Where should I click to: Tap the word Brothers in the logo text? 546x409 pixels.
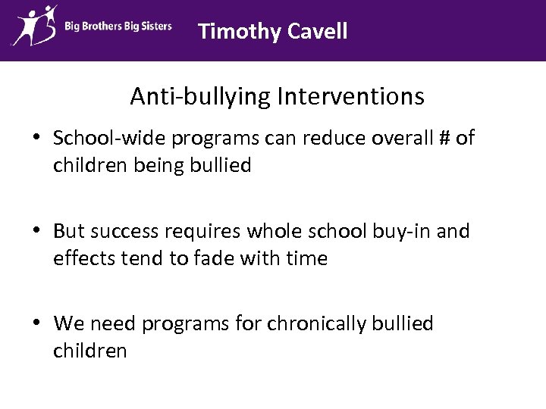(x=105, y=27)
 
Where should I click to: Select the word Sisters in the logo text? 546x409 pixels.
(x=155, y=27)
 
